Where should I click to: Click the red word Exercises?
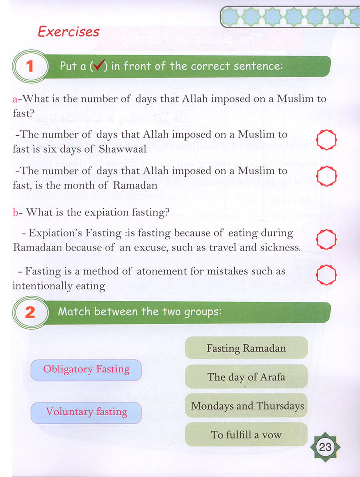68,32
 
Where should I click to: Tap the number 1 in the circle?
30,66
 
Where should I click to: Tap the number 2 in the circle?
30,312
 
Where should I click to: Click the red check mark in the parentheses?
98,66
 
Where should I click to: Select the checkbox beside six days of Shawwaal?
327,141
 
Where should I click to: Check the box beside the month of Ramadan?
327,176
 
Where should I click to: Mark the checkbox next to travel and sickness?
327,239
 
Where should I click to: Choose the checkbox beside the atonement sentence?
327,274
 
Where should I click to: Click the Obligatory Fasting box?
86,370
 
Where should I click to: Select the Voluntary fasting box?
86,412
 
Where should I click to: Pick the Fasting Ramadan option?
246,348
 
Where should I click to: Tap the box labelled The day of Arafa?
246,377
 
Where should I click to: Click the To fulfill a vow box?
246,434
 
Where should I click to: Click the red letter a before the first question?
15,99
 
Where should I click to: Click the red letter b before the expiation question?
15,212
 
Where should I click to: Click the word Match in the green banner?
75,312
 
